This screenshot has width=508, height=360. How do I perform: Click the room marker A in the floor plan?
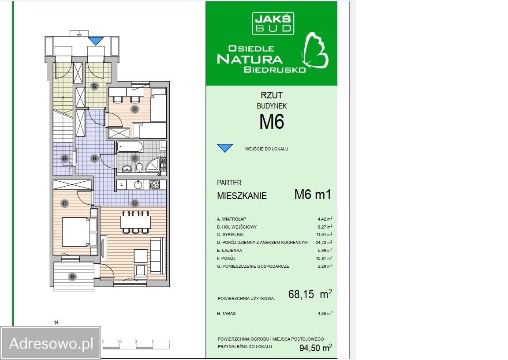pos(94,86)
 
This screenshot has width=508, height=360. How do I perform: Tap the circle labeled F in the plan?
pos(134,109)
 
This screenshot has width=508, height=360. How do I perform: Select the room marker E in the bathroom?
pos(134,158)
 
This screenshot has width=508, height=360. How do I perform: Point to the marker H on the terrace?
pos(72,277)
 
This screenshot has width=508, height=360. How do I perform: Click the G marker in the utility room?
pos(64,158)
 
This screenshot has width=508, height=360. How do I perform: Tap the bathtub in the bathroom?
pos(130,147)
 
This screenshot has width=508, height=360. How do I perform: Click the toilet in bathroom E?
pos(139,167)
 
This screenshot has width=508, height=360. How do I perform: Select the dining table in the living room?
pos(136,222)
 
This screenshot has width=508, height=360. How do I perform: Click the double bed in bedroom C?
pos(78,232)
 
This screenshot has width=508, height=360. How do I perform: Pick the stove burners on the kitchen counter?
pos(155,185)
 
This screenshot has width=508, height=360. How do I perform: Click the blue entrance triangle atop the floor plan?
pos(96,41)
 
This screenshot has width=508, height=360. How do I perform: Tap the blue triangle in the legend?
pos(225,148)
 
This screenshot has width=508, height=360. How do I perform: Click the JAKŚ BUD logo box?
pos(273,23)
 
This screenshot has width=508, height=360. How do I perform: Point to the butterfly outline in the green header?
pos(315,51)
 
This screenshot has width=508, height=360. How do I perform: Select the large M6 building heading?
pos(272,121)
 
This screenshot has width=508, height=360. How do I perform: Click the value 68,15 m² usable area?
pos(310,294)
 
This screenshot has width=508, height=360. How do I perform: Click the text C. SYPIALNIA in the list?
pos(230,235)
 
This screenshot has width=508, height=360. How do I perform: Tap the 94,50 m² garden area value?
pos(316,348)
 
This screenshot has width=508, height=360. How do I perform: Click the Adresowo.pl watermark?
pos(51,343)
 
